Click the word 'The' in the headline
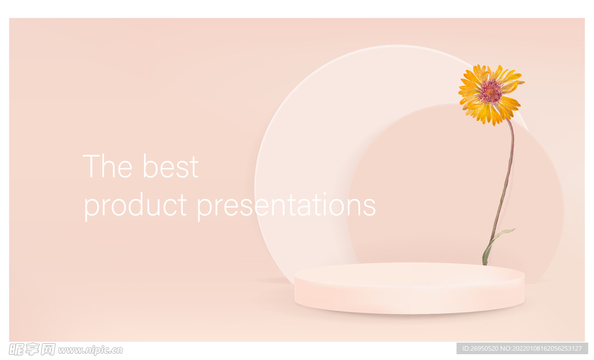pos(107,166)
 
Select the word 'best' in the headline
pos(171,166)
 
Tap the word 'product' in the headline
pos(135,206)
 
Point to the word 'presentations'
pos(286,206)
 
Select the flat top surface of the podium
pos(410,273)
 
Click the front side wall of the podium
pos(410,299)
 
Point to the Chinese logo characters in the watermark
pos(32,349)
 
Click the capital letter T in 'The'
pos(91,166)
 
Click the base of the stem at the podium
pos(485,263)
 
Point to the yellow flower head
pos(491,94)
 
